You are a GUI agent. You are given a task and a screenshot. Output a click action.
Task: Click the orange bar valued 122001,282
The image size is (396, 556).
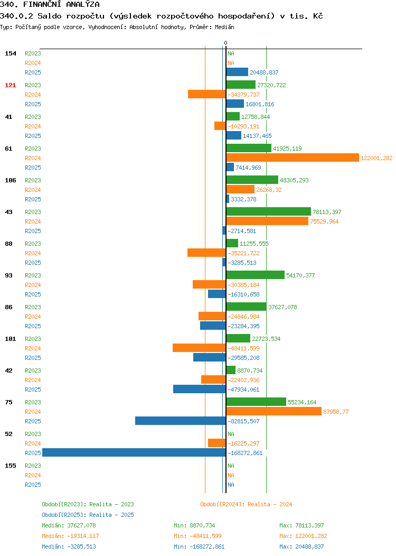tap(293, 158)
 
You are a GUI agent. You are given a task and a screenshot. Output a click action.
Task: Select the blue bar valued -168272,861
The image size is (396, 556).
tap(134, 452)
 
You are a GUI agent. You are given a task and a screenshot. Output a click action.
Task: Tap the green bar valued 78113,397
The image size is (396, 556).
tap(268, 212)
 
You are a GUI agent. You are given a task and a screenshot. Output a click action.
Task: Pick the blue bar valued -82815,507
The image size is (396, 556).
tap(181, 421)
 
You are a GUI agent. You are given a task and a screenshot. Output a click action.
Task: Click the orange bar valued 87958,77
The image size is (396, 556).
tap(274, 411)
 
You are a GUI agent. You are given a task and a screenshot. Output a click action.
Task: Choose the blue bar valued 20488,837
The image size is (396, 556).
tap(237, 72)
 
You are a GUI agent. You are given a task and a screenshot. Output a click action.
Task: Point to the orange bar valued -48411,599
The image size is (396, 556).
tap(200, 348)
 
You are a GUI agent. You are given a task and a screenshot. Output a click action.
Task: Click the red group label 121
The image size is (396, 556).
tap(10, 85)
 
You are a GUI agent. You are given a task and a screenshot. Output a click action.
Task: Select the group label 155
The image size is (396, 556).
tap(10, 466)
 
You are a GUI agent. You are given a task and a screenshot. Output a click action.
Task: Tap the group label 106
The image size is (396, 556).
tap(10, 180)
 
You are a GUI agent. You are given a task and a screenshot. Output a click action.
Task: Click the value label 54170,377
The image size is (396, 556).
tap(300, 275)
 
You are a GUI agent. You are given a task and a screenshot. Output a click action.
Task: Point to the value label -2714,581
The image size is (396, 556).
tap(242, 231)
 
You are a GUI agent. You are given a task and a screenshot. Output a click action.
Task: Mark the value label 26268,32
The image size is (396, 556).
tap(269, 190)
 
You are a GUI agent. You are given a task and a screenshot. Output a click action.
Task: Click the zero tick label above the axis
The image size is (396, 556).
tap(225, 43)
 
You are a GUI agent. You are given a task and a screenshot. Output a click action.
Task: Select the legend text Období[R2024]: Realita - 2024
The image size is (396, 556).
tap(246, 504)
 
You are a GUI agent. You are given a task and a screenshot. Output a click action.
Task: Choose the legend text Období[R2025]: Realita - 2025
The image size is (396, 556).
tap(88, 515)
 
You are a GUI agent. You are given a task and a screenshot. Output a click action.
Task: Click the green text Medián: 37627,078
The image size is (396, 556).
tap(69, 525)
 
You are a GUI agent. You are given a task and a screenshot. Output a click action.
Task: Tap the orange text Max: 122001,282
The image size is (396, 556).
tap(303, 536)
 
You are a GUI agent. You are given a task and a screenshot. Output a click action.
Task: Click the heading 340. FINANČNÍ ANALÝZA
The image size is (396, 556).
tap(50, 5)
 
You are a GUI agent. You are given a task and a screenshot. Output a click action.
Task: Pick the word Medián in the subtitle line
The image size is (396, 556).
tap(224, 27)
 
